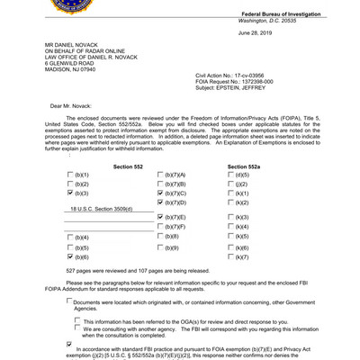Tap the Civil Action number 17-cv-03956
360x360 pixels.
257,75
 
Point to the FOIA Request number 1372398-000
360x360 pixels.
262,82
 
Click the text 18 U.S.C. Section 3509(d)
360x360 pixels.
102,207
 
